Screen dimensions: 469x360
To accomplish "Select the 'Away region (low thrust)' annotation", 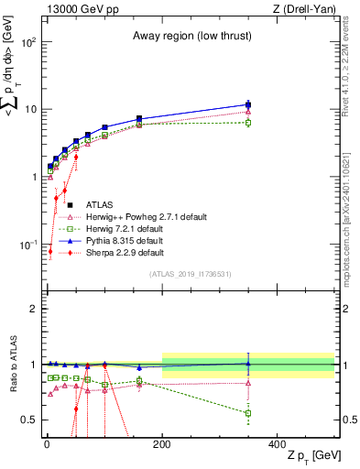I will coord(188,35).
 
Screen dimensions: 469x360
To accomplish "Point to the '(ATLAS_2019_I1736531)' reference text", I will coord(190,274).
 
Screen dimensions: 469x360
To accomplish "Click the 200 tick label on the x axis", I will coord(162,443).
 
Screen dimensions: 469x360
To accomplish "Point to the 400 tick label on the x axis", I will coord(278,443).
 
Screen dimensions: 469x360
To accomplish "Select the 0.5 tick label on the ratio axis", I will coord(29,420).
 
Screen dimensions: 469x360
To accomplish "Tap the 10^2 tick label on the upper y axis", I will coord(27,43).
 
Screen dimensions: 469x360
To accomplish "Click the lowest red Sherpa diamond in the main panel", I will coord(50,251).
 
